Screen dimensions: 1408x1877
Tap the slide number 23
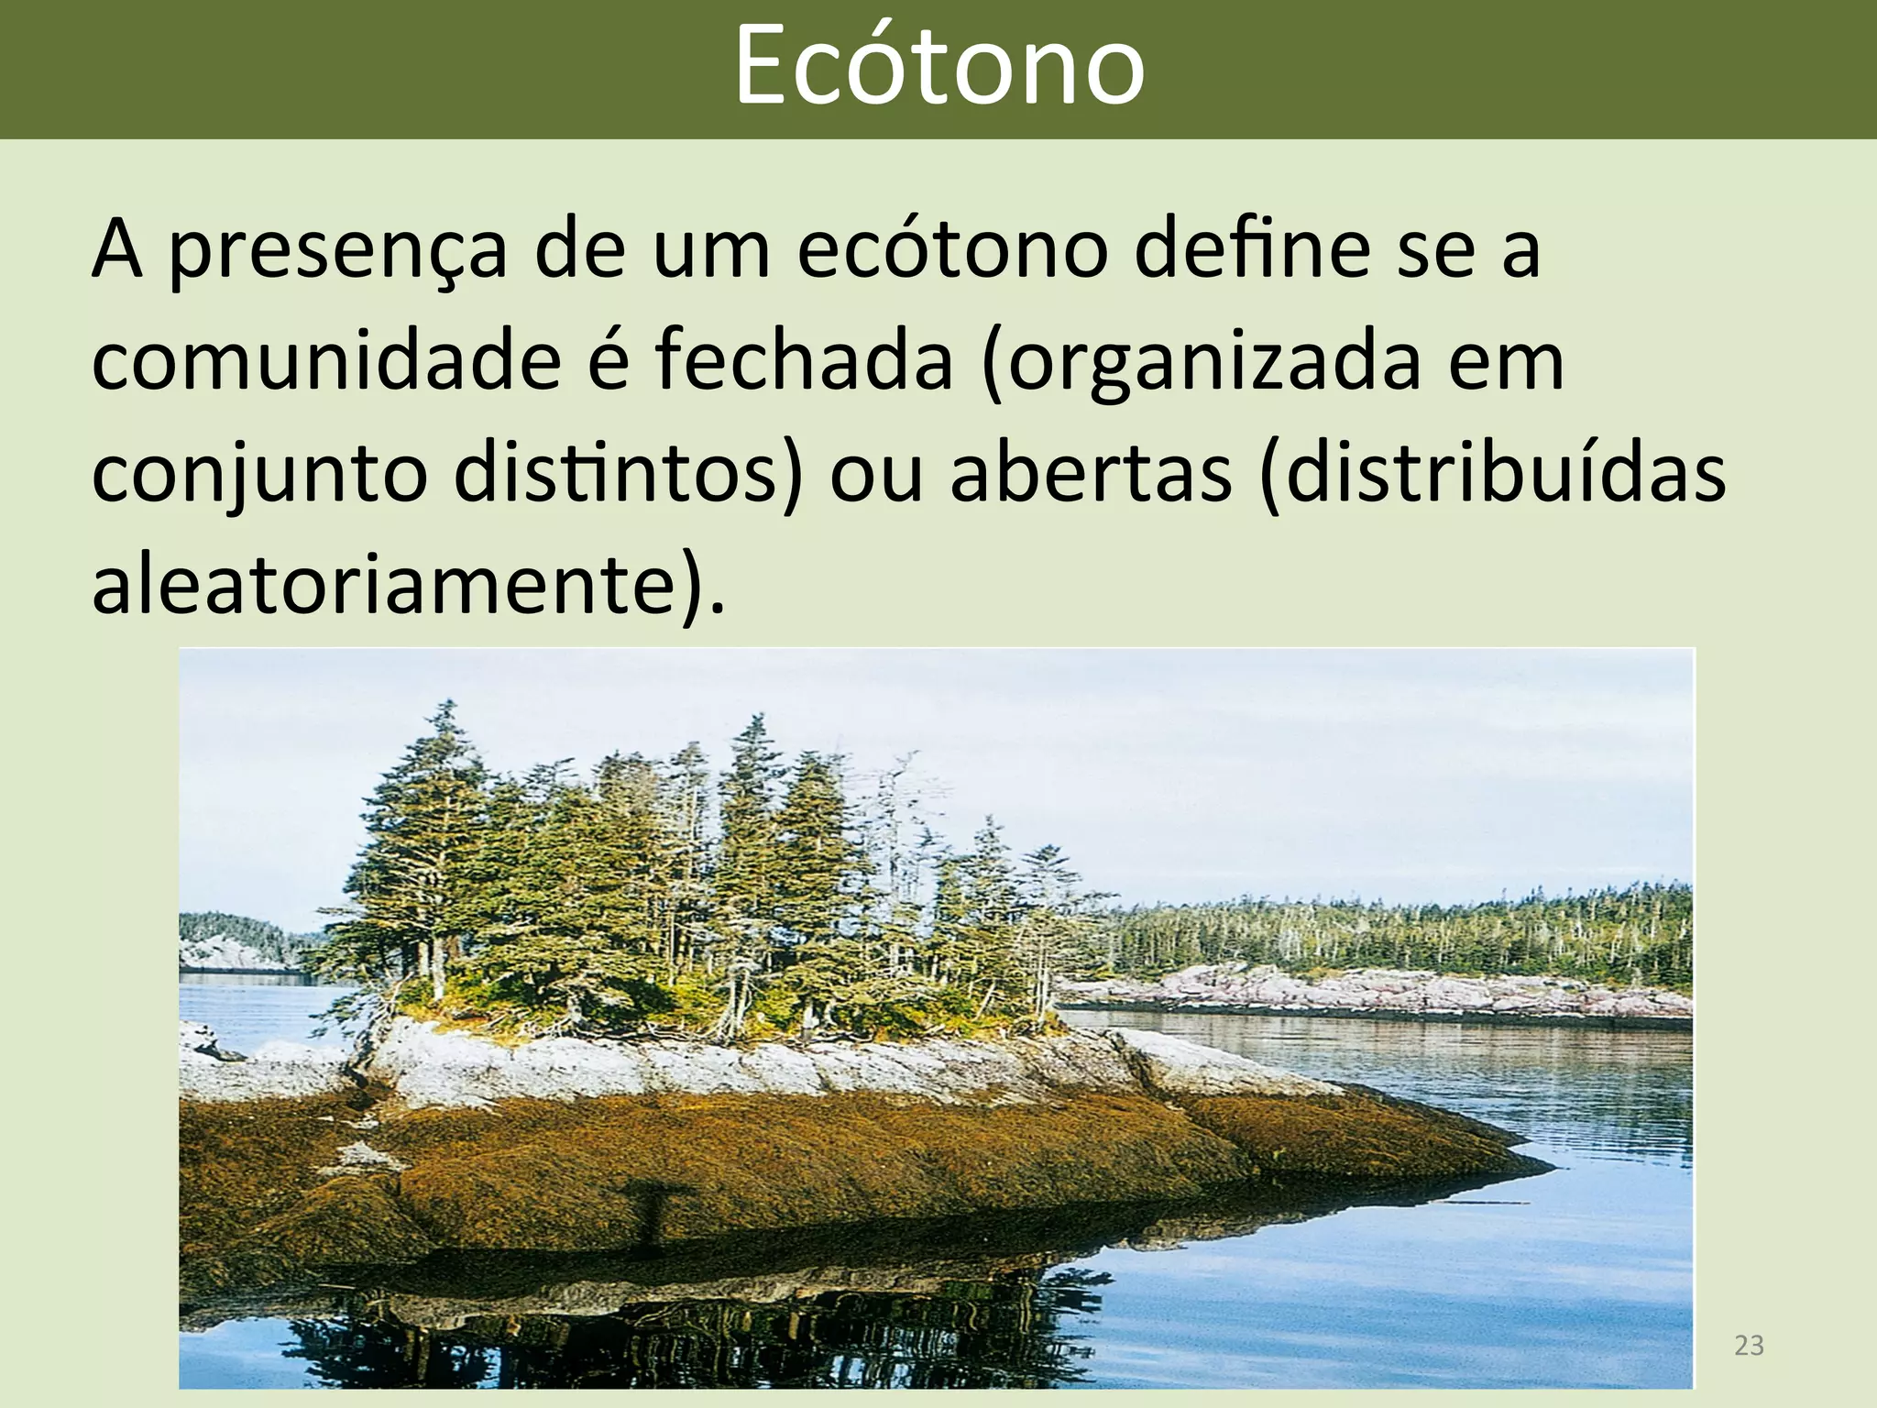tap(1749, 1346)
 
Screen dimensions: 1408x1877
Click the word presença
tap(337, 251)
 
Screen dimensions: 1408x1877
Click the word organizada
tap(1202, 363)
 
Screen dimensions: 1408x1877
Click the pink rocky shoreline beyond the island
tap(1375, 990)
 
